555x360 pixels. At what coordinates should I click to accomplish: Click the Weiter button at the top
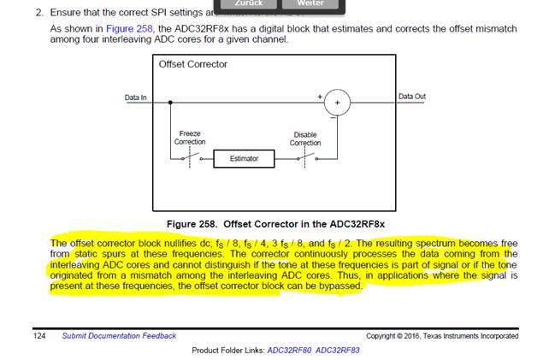click(x=310, y=4)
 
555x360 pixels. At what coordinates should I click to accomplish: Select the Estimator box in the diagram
click(x=244, y=159)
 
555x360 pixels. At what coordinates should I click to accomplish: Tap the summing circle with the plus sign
click(x=338, y=103)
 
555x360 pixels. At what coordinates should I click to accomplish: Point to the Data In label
click(x=135, y=97)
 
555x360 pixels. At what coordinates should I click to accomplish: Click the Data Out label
click(x=411, y=97)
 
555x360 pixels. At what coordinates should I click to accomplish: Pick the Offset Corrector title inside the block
click(x=192, y=64)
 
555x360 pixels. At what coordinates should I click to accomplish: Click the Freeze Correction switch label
click(x=190, y=138)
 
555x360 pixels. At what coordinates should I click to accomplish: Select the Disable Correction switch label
click(x=304, y=139)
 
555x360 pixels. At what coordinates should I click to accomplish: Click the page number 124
click(x=40, y=336)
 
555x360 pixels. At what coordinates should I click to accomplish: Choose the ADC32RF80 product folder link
click(x=290, y=351)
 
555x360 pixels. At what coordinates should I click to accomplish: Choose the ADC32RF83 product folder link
click(x=339, y=351)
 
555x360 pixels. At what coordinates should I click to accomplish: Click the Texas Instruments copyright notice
click(x=441, y=336)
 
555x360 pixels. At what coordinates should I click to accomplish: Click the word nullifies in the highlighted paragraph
click(x=180, y=243)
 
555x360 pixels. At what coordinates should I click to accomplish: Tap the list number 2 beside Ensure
click(x=39, y=14)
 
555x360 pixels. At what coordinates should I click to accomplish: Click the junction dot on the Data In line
click(x=171, y=103)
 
